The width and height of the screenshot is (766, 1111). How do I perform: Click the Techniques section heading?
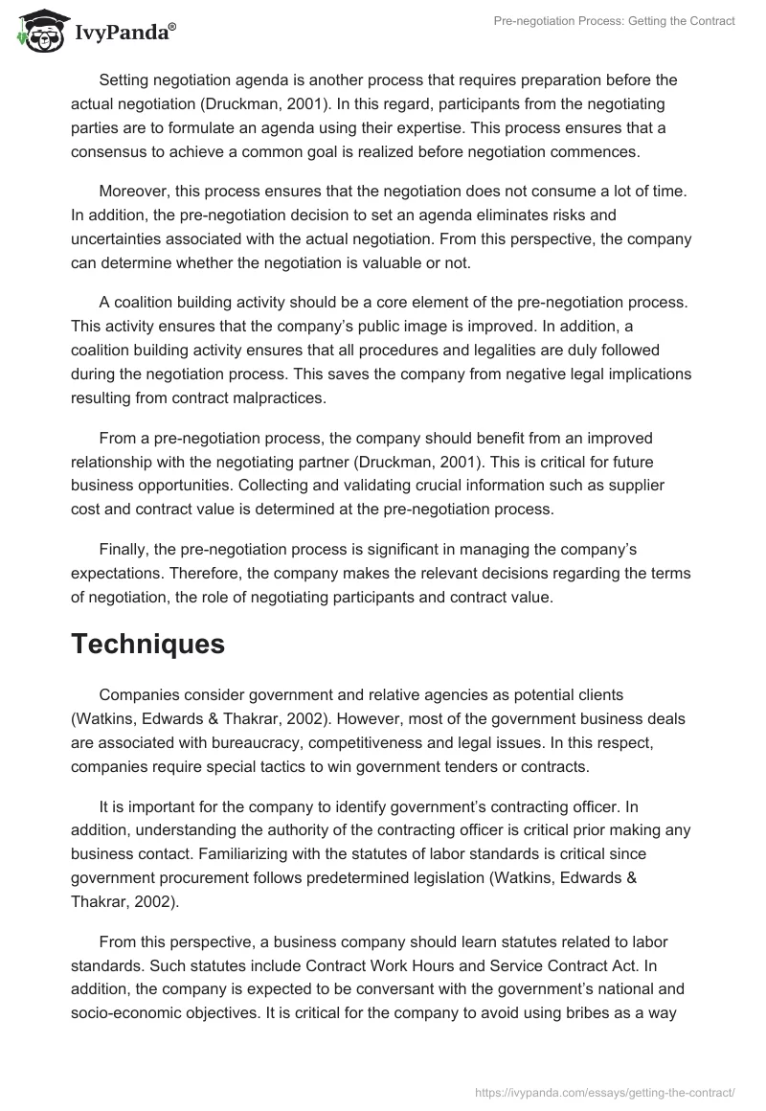[x=147, y=645]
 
